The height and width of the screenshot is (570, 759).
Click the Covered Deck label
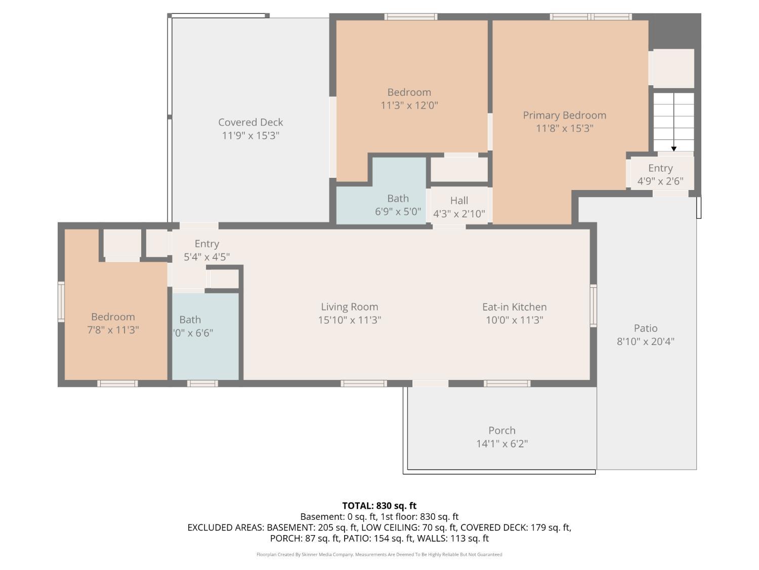pyautogui.click(x=250, y=122)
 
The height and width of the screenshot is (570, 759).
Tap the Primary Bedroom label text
pyautogui.click(x=564, y=115)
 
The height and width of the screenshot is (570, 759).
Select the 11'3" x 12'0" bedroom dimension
pyautogui.click(x=409, y=105)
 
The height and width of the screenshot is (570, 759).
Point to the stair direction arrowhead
pyautogui.click(x=673, y=149)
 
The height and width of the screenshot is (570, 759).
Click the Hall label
pyautogui.click(x=459, y=200)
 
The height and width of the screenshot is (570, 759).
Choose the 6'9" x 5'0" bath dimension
pyautogui.click(x=398, y=211)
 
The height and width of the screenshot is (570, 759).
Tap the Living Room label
pyautogui.click(x=349, y=307)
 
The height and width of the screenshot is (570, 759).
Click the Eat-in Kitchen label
pyautogui.click(x=514, y=307)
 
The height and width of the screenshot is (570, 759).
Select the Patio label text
pyautogui.click(x=645, y=328)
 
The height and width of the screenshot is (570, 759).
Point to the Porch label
pyautogui.click(x=502, y=430)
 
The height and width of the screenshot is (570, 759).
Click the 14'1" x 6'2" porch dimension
pyautogui.click(x=502, y=444)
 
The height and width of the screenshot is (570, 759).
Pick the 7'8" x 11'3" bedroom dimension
pyautogui.click(x=113, y=330)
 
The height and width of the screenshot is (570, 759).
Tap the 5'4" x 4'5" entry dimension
pyautogui.click(x=206, y=257)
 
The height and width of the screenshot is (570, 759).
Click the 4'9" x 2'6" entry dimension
pyautogui.click(x=660, y=181)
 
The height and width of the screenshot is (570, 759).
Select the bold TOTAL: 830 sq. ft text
pyautogui.click(x=379, y=506)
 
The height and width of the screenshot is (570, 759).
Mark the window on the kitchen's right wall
pyautogui.click(x=593, y=306)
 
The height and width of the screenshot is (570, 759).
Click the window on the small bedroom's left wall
pyautogui.click(x=61, y=302)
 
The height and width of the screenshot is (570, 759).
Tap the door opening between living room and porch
pyautogui.click(x=430, y=383)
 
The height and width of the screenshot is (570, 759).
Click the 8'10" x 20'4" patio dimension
pyautogui.click(x=645, y=341)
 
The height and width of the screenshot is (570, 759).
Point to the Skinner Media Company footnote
pyautogui.click(x=379, y=554)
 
